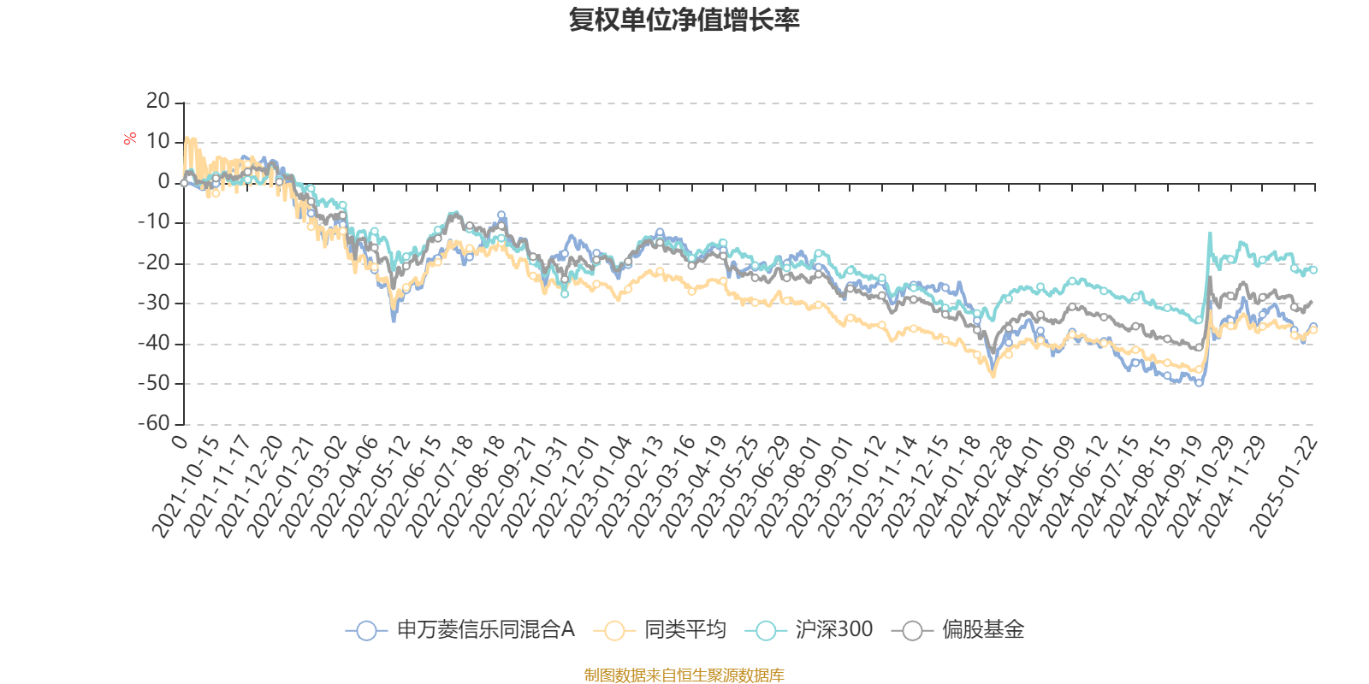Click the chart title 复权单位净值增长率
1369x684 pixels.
point(684,21)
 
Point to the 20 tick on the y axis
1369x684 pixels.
point(158,102)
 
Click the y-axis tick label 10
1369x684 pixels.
point(158,142)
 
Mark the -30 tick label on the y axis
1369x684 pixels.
point(154,304)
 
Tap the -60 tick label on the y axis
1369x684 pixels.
point(154,424)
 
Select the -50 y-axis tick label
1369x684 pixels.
point(154,384)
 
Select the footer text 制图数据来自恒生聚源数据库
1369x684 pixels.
point(684,675)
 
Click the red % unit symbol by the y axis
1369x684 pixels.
point(129,139)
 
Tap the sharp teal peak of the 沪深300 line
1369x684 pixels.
point(1210,233)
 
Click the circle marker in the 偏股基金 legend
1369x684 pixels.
point(913,631)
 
